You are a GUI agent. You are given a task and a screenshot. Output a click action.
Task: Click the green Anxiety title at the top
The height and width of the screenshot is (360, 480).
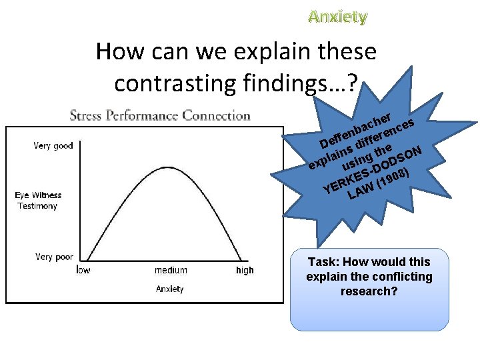click(338, 17)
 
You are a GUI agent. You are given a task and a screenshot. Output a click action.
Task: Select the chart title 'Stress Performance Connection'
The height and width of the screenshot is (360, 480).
click(160, 115)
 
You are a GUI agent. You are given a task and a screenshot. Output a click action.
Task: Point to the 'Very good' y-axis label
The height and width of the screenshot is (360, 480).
click(53, 146)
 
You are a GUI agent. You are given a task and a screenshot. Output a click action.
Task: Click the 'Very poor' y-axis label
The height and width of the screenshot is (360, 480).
click(54, 257)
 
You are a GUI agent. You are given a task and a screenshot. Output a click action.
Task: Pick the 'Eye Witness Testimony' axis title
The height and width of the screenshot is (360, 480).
click(38, 201)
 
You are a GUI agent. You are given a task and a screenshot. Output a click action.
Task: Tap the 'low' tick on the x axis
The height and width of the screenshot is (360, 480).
click(83, 270)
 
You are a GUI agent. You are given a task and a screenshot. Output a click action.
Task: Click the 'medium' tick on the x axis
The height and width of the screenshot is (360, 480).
click(171, 270)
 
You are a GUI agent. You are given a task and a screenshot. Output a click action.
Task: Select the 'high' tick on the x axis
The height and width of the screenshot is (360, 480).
click(245, 270)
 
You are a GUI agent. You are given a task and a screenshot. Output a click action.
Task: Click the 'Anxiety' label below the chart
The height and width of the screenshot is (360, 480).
click(170, 289)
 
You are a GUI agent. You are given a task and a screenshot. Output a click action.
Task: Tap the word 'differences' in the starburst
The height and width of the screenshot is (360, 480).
click(387, 133)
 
